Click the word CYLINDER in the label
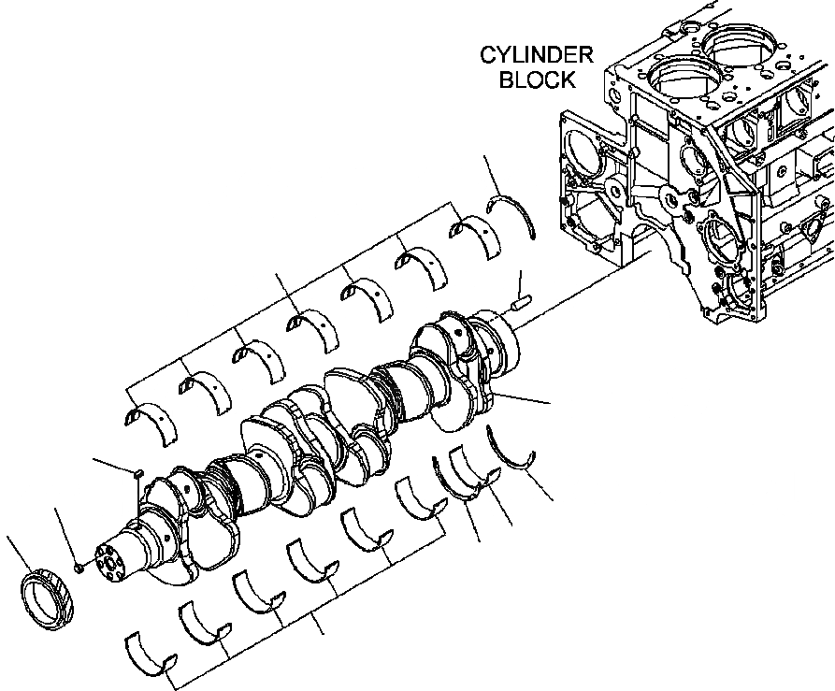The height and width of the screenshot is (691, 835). coord(536,54)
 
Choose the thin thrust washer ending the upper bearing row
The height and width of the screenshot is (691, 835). coord(513,213)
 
